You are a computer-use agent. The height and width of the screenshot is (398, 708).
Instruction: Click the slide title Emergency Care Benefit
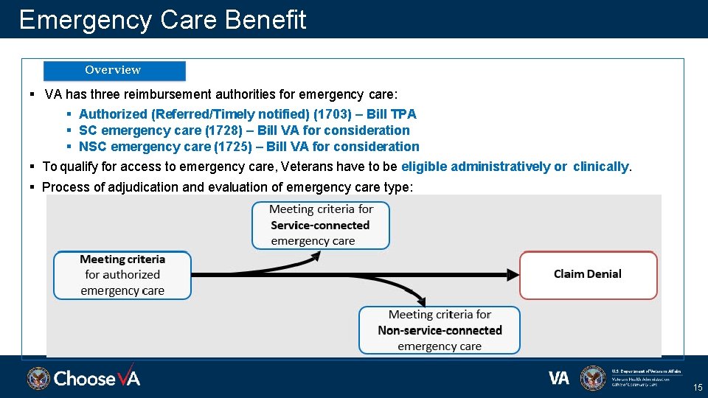point(162,20)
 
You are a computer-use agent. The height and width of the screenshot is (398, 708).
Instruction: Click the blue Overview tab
point(114,71)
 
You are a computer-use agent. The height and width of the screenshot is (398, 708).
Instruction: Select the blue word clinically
point(601,167)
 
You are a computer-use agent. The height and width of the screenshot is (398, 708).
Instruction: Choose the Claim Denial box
point(588,275)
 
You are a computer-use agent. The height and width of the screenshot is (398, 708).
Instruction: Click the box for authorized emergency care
point(122,275)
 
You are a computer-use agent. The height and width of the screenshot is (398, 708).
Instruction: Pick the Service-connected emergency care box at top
point(320,226)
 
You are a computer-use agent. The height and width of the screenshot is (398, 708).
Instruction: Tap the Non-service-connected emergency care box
point(440,330)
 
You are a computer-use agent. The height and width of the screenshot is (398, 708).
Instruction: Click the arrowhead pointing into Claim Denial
point(513,275)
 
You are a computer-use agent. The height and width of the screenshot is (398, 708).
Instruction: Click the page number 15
point(697,388)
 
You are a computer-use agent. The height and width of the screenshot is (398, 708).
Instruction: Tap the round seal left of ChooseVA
point(38,378)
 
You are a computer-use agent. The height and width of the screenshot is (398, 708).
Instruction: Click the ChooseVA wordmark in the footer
point(97,378)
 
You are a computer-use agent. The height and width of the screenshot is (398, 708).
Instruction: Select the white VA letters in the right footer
point(559,378)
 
